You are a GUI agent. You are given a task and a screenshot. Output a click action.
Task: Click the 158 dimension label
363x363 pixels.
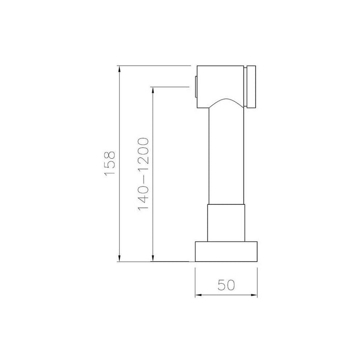tap(109, 164)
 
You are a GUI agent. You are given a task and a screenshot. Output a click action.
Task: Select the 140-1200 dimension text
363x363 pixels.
tap(143, 174)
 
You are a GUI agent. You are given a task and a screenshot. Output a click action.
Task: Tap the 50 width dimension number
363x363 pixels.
tap(226, 285)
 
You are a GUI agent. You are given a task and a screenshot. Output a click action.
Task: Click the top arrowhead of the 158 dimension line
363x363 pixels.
tap(119, 69)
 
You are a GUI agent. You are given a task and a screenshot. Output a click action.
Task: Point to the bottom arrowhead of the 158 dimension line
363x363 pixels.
tap(119, 258)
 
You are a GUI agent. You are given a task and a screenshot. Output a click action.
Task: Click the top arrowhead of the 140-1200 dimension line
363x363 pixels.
tap(152, 91)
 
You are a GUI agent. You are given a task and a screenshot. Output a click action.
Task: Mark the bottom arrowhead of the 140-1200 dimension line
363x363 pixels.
tap(152, 258)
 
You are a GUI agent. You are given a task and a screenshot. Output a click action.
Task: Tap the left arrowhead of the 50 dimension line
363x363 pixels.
tap(199, 295)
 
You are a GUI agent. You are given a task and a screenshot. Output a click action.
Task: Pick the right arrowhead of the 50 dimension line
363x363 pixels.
tap(254, 295)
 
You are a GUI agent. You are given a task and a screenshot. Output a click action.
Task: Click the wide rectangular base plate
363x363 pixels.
tap(226, 252)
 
